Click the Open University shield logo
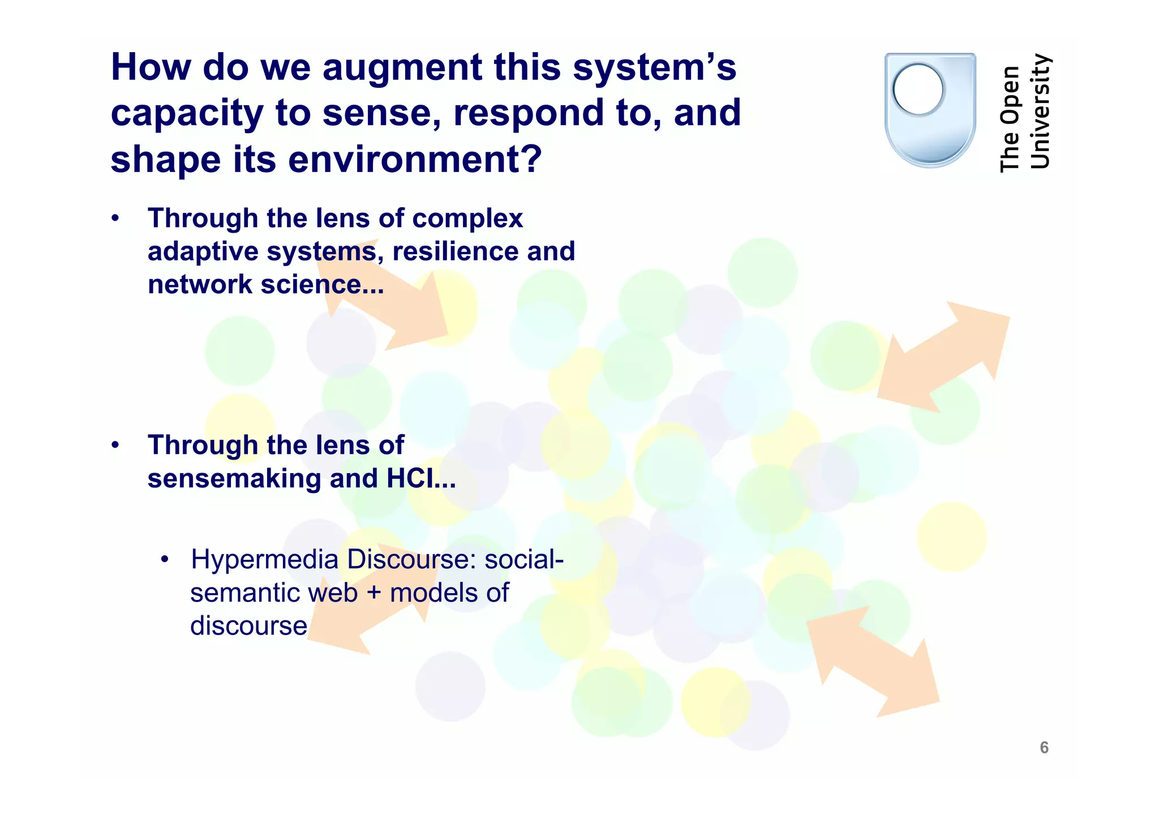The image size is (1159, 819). coord(930,110)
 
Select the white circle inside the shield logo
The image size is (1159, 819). coord(917,89)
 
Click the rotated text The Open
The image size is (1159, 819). coord(1010,119)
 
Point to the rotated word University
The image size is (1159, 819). coord(1040,112)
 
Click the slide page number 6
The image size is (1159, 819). coord(1044,748)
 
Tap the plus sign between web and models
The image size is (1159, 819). coord(374,593)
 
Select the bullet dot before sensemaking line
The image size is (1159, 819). coord(115,445)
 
